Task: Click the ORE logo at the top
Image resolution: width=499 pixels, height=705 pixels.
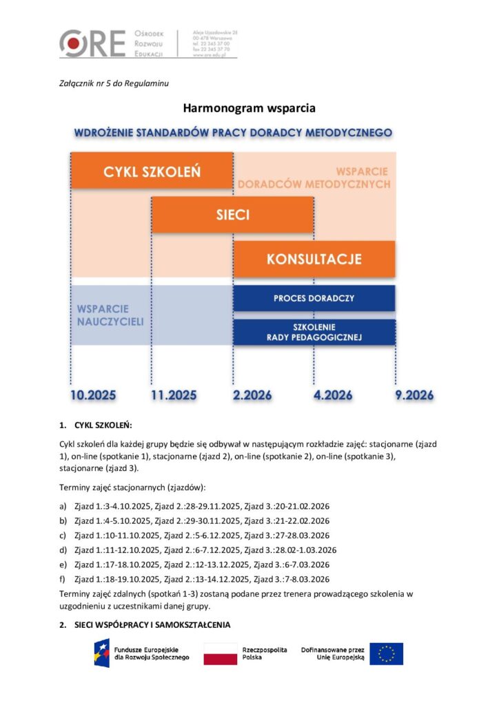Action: pyautogui.click(x=92, y=43)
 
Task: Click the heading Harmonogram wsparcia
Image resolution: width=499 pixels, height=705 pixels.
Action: pyautogui.click(x=249, y=108)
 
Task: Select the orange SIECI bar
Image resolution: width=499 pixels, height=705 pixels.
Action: pyautogui.click(x=232, y=215)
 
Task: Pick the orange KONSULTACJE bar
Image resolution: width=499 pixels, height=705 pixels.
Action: pyautogui.click(x=314, y=259)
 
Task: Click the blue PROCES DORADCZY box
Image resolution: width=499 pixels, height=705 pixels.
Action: pyautogui.click(x=314, y=298)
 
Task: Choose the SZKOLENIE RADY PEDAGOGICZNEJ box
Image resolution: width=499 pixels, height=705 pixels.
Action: pyautogui.click(x=314, y=332)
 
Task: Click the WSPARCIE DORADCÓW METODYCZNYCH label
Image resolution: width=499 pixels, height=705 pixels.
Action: pyautogui.click(x=314, y=178)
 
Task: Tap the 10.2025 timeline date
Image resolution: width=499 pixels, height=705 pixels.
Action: pyautogui.click(x=93, y=395)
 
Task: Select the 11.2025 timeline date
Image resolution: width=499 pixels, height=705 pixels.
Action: pyautogui.click(x=174, y=395)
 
